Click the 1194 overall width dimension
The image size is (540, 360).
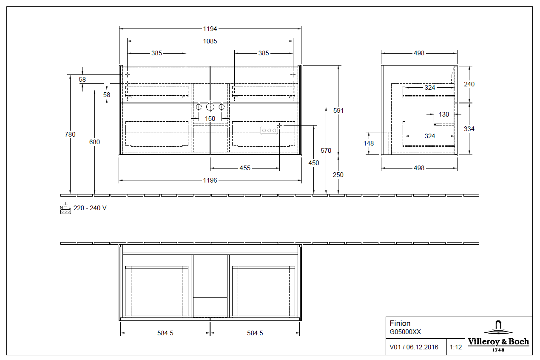tap(210, 29)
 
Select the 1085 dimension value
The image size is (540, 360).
tap(210, 41)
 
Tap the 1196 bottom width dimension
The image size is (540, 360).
tap(210, 180)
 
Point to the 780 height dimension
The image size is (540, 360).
tap(70, 134)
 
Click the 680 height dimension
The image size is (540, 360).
tap(94, 142)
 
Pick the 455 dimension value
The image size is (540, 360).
tap(245, 168)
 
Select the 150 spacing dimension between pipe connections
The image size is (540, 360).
tap(210, 119)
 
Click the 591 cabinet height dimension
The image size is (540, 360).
tap(338, 111)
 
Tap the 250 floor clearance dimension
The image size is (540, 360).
tap(338, 175)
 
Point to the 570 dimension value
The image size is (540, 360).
tap(326, 151)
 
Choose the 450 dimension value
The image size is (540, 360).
tap(314, 163)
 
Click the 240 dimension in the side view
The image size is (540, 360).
tap(469, 84)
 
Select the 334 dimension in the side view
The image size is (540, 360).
tap(469, 129)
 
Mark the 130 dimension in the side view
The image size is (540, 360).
tap(444, 114)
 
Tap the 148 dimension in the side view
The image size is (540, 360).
tap(369, 143)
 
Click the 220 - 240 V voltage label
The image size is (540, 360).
tap(90, 209)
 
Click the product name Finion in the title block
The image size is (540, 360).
tap(400, 323)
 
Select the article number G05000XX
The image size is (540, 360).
tap(405, 332)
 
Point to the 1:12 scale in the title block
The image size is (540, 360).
tap(455, 347)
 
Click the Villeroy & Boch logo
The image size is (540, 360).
tap(498, 336)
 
